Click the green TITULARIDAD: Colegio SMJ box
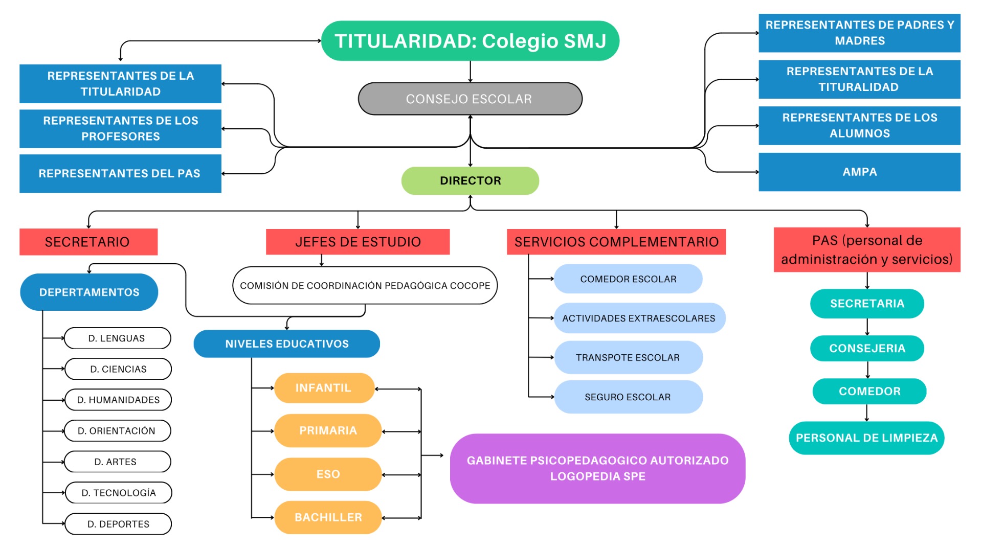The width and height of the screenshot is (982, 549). [470, 41]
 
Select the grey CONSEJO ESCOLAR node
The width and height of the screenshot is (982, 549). [470, 99]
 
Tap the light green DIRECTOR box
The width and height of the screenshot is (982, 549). [470, 180]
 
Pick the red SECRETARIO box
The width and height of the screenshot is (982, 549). [88, 242]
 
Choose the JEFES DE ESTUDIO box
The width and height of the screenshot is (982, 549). [358, 242]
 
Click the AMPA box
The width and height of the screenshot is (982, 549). [859, 172]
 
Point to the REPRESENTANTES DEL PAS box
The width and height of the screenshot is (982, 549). [120, 173]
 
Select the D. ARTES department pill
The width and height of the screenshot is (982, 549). [117, 462]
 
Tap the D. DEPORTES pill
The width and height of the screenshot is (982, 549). [118, 524]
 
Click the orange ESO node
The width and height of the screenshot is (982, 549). [328, 474]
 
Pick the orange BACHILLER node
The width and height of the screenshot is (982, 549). [328, 517]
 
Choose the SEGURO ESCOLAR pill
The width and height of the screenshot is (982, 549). [628, 397]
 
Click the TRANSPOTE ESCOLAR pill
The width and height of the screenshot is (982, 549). [628, 357]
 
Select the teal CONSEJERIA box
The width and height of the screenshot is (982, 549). [867, 348]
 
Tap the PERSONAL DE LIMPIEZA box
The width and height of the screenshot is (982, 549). [866, 438]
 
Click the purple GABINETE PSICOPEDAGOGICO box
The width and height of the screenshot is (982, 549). [597, 468]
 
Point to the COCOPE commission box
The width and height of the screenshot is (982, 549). [365, 285]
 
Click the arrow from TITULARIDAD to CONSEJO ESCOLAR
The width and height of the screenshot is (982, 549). [470, 72]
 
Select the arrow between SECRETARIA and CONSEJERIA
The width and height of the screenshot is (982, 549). [867, 327]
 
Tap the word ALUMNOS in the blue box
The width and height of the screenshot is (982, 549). [859, 133]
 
